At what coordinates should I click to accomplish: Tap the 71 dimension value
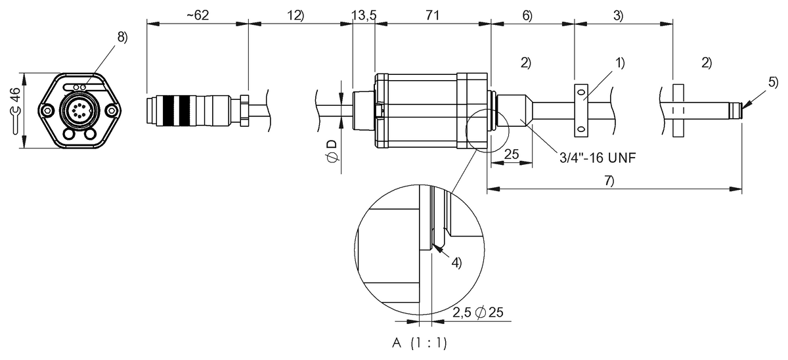point(432,15)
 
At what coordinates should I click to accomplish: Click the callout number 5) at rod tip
point(772,83)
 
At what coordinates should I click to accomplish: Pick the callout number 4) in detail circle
point(456,262)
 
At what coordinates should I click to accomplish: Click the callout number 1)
point(620,63)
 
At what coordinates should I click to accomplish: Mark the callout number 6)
point(527,15)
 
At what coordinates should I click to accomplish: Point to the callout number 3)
point(618,15)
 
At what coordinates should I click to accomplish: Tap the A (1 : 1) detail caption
point(421,343)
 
